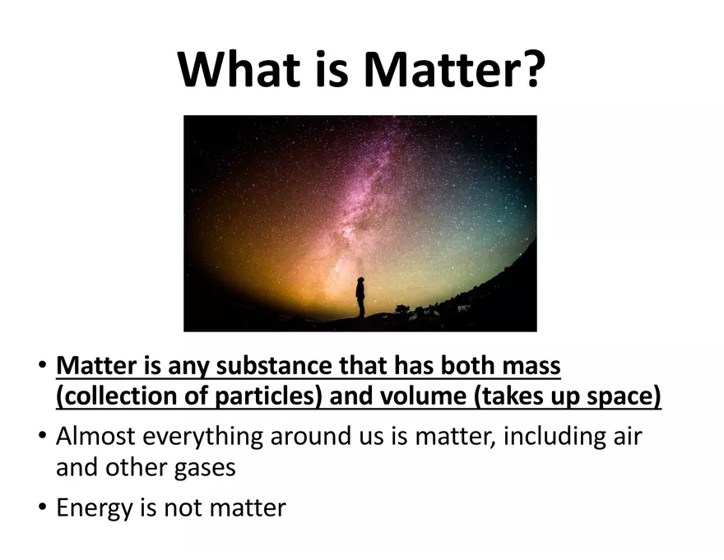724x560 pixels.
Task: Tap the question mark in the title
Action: [532, 68]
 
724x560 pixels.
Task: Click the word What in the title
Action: [239, 68]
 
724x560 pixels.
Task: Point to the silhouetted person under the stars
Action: [360, 298]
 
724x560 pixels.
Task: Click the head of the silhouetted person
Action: [360, 280]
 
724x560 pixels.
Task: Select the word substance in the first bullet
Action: [274, 366]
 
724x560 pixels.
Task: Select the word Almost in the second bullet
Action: [95, 437]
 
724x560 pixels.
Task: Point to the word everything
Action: [202, 437]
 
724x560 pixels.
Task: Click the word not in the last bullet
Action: [183, 509]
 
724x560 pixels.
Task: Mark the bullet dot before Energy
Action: [43, 507]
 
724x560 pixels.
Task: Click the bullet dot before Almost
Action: [43, 436]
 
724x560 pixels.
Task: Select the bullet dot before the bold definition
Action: [43, 365]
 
